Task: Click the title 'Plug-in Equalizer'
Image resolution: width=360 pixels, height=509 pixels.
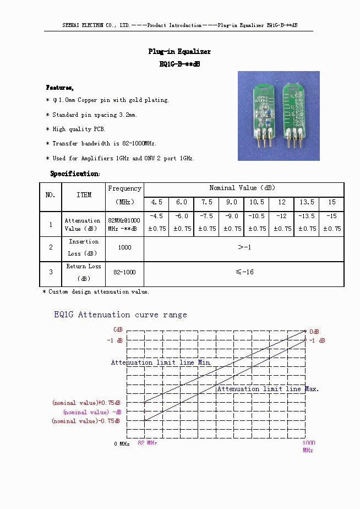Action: pos(179,52)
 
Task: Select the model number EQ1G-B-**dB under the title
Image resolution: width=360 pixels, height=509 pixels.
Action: pos(179,64)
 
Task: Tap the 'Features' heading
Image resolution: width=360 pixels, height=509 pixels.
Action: pos(59,88)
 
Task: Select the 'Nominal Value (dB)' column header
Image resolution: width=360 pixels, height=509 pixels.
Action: pos(243,188)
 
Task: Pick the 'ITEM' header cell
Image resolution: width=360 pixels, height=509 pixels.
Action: pos(84,195)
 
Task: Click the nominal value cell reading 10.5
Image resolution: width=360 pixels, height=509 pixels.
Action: pos(257,202)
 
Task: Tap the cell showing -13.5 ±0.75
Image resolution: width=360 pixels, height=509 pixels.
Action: pos(306,223)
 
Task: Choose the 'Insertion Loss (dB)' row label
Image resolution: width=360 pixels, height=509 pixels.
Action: pos(84,247)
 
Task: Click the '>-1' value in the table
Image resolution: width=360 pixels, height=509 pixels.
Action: pos(244,247)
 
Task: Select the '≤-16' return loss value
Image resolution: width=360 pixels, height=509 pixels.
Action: pos(244,272)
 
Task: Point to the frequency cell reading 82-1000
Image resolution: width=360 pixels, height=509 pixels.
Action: pos(124,272)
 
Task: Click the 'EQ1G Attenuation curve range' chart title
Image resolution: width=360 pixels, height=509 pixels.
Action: pos(120,315)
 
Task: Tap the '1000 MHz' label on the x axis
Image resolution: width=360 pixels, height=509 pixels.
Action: pos(308,446)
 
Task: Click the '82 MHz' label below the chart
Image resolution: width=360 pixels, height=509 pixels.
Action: pos(147,443)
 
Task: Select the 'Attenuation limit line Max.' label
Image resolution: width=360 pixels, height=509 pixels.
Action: pos(268,389)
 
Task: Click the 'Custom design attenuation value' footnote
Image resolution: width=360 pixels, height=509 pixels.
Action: pos(97,291)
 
